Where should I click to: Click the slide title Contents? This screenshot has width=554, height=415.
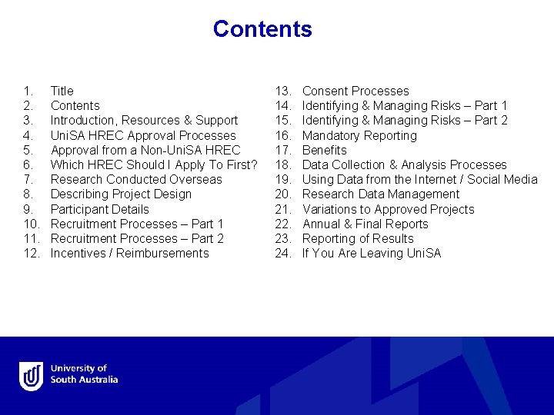pos(262,29)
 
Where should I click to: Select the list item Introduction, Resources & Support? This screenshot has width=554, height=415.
pos(144,121)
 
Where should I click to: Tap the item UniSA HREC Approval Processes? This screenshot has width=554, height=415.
pos(143,136)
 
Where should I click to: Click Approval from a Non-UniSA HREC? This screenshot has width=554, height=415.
pos(145,151)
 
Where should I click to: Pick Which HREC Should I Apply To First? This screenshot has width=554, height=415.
pos(154,165)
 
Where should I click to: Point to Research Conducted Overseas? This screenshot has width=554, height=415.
pos(136,180)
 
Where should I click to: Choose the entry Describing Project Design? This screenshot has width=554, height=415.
pos(121,194)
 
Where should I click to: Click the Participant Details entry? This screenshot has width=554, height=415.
pos(100,210)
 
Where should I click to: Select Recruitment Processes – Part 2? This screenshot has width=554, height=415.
pos(137,239)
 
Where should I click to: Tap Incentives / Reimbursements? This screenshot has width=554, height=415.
pos(129,254)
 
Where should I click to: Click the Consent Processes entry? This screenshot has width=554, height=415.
pos(355,91)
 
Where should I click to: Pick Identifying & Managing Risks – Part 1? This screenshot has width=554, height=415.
pos(405,106)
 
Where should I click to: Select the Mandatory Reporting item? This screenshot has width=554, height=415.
pos(359,136)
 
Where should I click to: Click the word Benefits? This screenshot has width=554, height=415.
pos(325,151)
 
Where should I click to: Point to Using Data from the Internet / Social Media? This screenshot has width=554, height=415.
pos(420,180)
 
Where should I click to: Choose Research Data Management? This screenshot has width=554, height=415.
pos(381,194)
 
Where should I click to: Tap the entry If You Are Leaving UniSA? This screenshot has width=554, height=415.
pos(372,254)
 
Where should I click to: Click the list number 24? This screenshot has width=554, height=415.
pos(283,254)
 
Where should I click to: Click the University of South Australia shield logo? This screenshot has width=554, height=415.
pos(32,375)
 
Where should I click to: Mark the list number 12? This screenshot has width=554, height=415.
pos(31,254)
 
